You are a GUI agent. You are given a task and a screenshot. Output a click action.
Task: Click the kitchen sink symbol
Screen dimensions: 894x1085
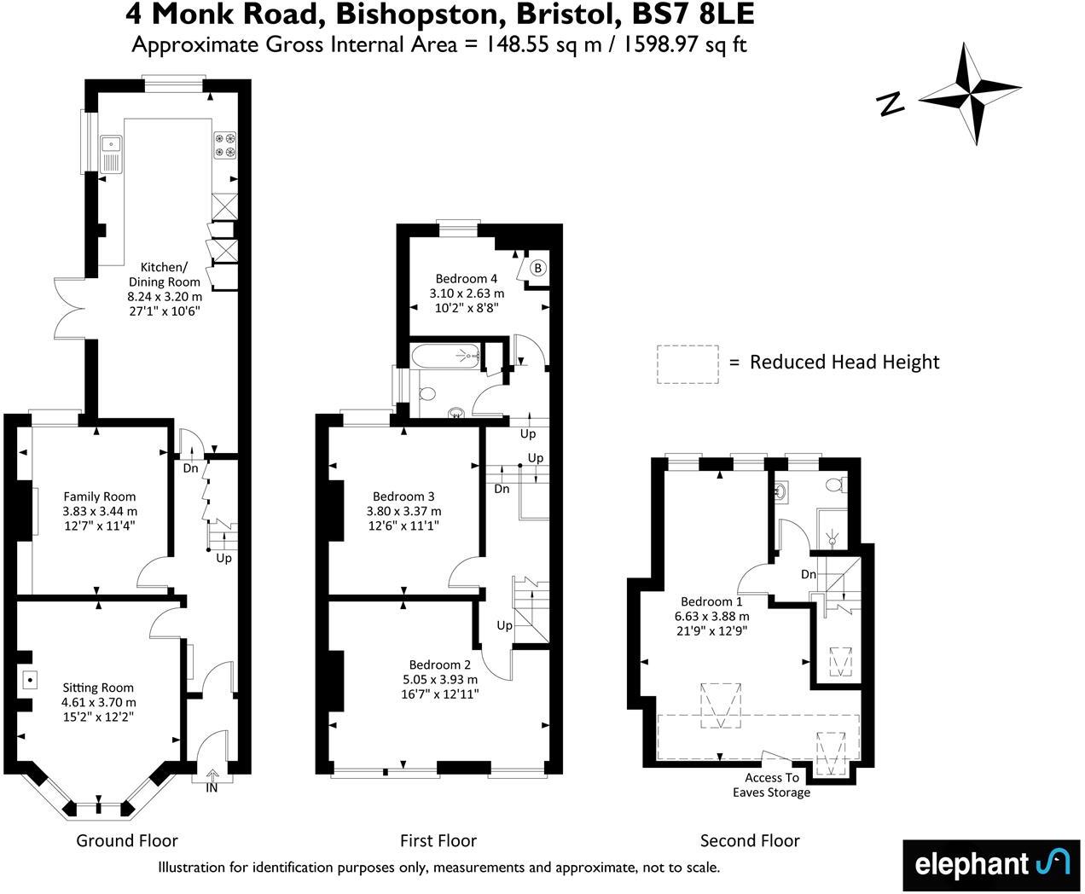(111, 154)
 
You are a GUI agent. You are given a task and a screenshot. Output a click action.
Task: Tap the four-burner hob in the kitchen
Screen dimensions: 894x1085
(225, 145)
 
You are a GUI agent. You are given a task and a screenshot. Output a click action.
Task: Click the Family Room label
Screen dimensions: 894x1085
(100, 496)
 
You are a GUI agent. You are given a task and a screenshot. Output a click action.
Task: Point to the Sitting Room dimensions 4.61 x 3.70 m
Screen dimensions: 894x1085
(98, 702)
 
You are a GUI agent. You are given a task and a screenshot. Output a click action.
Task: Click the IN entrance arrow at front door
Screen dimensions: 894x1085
(211, 775)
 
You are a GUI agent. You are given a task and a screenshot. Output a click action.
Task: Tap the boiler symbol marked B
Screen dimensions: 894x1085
(537, 269)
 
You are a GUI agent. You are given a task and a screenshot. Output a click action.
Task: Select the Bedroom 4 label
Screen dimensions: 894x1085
(466, 278)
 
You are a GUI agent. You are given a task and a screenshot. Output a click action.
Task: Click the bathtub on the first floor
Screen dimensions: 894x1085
(444, 356)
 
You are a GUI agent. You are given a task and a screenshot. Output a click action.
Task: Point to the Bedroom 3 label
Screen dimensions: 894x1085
(403, 496)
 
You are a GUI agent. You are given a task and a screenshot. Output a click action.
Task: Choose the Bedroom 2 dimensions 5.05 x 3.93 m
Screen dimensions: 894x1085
(439, 679)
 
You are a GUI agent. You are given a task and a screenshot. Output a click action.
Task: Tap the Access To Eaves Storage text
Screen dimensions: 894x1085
(771, 785)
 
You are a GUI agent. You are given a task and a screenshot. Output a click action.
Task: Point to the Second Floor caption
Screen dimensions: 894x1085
(750, 840)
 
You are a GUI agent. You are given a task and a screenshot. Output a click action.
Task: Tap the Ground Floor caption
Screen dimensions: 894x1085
(127, 840)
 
